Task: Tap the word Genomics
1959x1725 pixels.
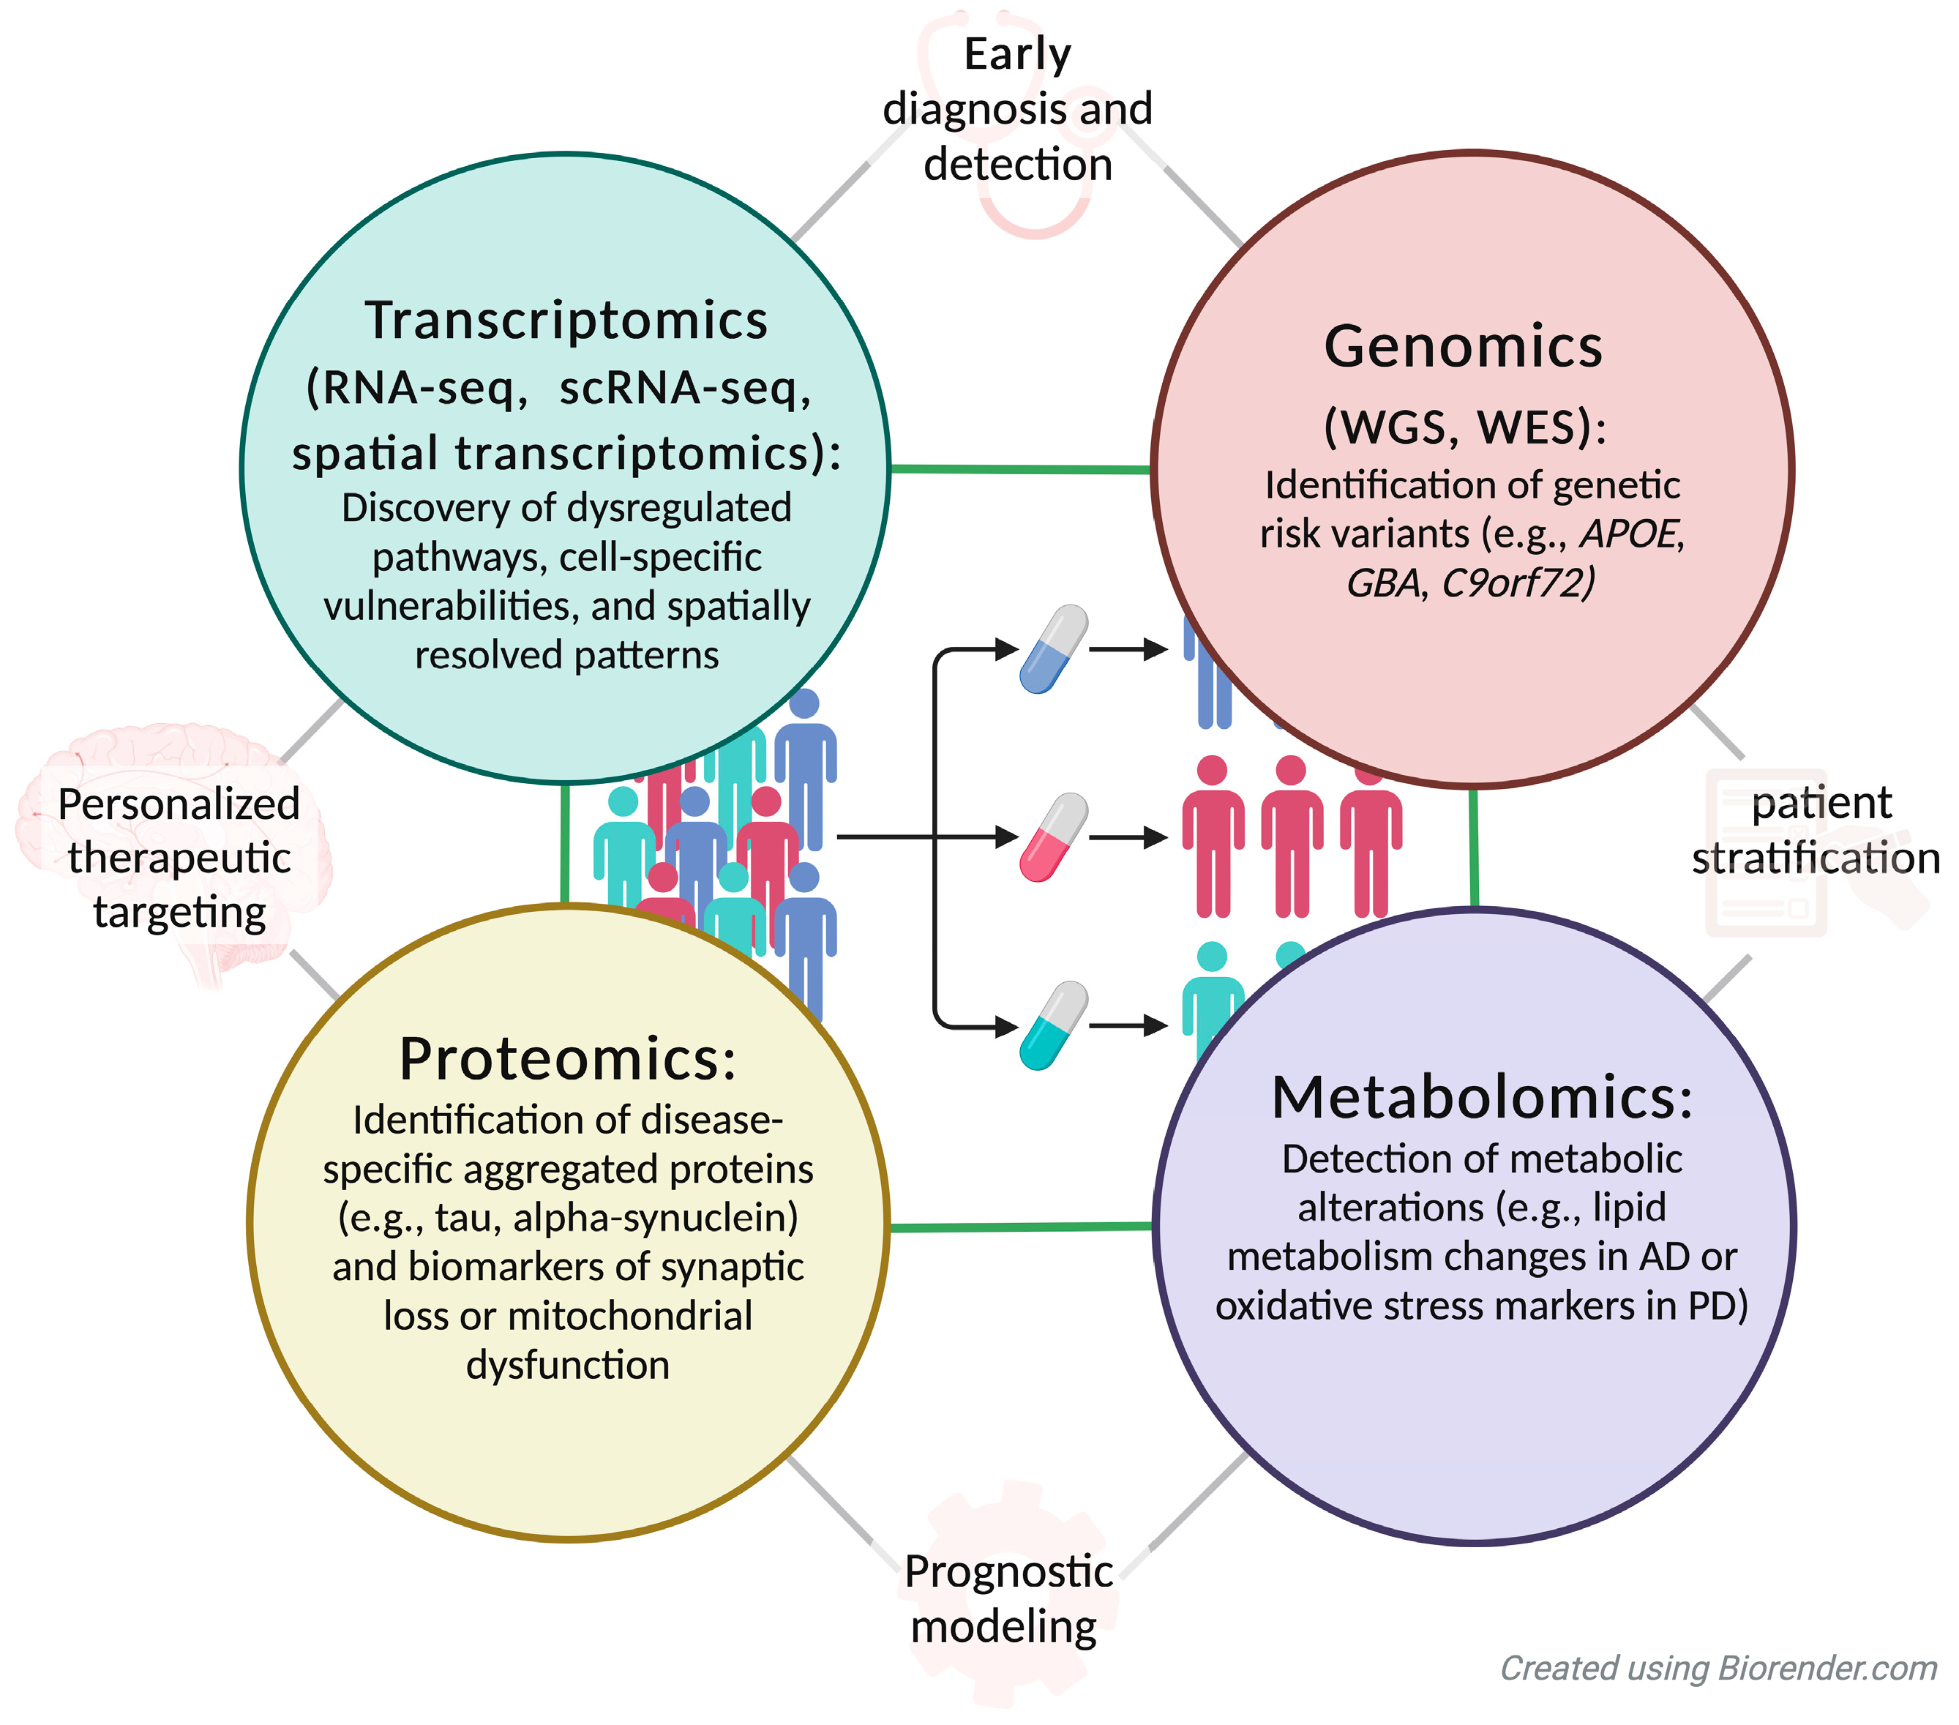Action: pos(1463,346)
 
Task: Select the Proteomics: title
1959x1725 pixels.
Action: pos(567,1059)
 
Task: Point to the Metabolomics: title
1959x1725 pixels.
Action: pos(1482,1097)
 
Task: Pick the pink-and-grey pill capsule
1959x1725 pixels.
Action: pos(1053,837)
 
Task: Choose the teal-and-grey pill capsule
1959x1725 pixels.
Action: pos(1053,1025)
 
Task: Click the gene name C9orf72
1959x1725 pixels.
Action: pos(1519,583)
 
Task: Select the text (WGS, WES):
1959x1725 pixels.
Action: pos(1464,427)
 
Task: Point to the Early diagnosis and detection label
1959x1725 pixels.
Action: pos(1017,109)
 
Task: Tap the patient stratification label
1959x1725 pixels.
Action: pos(1817,830)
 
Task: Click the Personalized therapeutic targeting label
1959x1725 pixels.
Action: pos(179,858)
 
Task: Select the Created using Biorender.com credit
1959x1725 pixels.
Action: pos(1718,1667)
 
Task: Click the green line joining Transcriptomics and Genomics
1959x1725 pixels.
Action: pos(1020,468)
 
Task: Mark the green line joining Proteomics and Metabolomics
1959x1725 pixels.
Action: pos(1020,1227)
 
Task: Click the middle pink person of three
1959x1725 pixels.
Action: pos(1291,837)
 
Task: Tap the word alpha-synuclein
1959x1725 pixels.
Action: pos(656,1217)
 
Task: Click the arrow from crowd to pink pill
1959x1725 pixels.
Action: pos(891,837)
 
